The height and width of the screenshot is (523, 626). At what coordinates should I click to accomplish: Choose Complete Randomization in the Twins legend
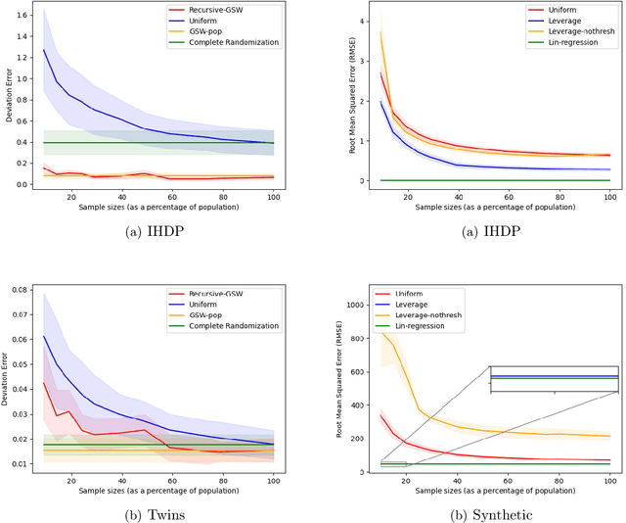(x=253, y=325)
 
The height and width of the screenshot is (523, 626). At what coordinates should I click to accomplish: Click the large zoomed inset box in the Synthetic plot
(x=554, y=379)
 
